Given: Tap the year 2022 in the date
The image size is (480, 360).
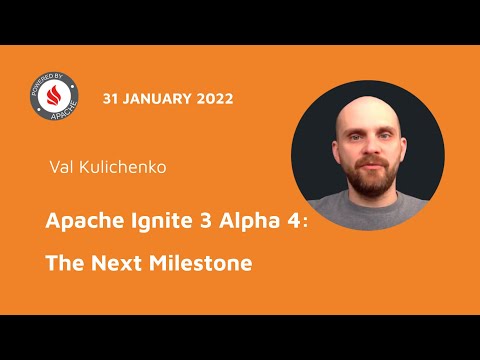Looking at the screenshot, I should [x=215, y=99].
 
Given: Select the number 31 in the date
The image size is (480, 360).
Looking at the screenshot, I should [x=111, y=99].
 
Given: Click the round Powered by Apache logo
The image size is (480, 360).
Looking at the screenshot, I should [x=52, y=102].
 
